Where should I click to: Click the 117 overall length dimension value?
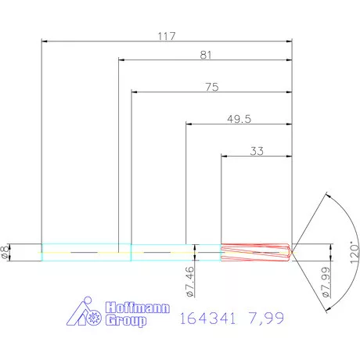(x=165, y=36)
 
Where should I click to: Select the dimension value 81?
(x=207, y=55)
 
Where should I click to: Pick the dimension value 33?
(x=256, y=152)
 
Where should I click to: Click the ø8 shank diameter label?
(x=7, y=250)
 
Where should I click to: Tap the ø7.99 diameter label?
(x=325, y=285)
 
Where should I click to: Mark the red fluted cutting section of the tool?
(x=256, y=251)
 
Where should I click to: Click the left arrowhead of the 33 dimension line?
(x=225, y=157)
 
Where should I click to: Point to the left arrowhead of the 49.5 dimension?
(x=189, y=124)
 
